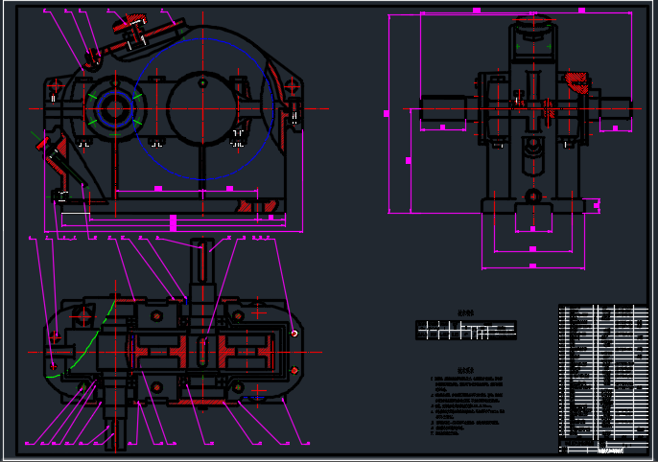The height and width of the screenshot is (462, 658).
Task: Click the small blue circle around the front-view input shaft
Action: (x=114, y=108)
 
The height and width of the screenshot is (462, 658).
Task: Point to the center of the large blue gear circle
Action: (x=202, y=108)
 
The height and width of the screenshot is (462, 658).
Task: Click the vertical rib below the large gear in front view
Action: (x=202, y=159)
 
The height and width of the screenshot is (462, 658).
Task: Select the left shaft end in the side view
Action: (x=442, y=109)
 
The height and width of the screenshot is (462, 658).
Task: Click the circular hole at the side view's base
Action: (x=533, y=196)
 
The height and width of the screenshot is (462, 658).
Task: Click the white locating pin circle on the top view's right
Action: (x=294, y=334)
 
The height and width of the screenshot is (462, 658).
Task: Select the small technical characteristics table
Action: (x=466, y=330)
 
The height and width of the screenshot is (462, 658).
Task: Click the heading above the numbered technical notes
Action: (x=465, y=369)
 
